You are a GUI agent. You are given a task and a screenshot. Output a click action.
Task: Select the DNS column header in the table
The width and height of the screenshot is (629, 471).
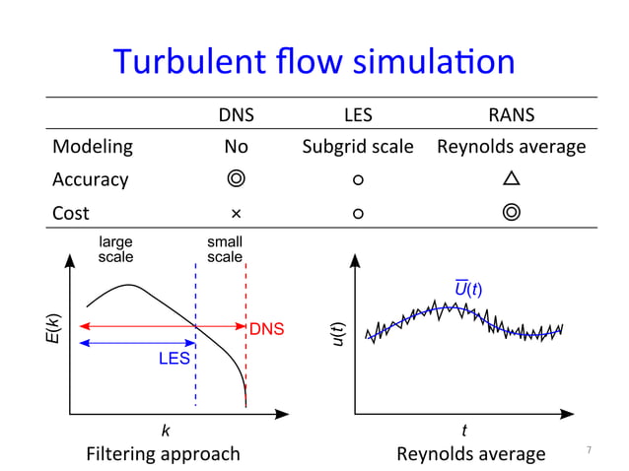236,114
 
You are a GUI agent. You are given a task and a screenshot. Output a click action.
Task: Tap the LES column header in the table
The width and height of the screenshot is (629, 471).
358,114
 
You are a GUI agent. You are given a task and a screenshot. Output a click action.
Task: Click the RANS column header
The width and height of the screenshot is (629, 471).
511,114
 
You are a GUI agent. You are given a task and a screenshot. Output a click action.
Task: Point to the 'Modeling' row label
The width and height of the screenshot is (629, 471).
92,147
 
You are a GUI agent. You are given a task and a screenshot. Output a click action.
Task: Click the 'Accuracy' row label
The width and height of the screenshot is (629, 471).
90,179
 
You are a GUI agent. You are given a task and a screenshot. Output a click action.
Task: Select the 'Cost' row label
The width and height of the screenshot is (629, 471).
71,212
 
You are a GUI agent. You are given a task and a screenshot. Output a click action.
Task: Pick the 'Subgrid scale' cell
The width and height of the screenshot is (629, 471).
358,147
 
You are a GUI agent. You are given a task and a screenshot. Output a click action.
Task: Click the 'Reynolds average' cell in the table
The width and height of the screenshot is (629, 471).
511,147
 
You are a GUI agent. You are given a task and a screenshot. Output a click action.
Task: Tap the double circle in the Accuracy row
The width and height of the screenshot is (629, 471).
236,179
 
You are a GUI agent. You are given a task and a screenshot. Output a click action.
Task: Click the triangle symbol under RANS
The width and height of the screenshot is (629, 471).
511,179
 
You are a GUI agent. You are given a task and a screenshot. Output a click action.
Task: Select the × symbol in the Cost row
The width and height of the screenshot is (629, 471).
236,213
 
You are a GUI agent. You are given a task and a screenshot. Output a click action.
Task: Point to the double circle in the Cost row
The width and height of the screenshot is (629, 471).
511,212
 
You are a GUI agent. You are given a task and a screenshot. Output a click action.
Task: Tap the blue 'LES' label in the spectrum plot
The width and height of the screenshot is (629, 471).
175,360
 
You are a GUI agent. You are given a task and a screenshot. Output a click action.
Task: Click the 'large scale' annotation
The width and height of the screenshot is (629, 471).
116,248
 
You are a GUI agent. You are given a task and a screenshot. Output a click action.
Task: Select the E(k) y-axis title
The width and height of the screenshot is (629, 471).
56,329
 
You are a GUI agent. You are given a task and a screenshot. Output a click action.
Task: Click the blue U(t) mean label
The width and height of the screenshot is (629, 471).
467,288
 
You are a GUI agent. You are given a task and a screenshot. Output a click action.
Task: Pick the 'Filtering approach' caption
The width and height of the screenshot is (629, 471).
163,453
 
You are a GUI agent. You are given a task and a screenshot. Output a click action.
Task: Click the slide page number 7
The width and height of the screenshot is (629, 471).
589,450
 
